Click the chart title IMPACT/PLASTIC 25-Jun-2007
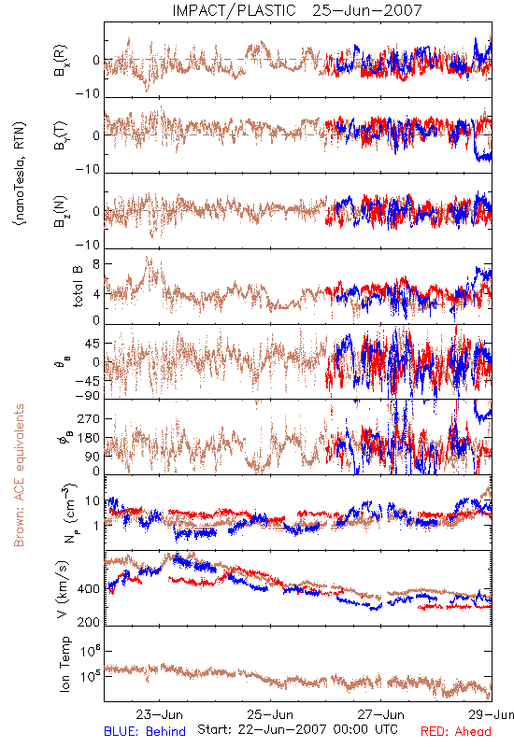click(x=297, y=10)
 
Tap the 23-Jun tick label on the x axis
click(x=159, y=714)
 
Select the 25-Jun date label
click(x=270, y=714)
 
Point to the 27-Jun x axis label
click(x=381, y=714)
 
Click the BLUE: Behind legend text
click(x=145, y=731)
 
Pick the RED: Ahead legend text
click(x=456, y=731)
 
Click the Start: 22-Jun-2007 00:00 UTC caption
click(x=297, y=729)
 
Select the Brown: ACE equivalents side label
click(x=19, y=475)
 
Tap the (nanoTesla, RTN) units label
click(x=20, y=174)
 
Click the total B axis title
click(x=78, y=287)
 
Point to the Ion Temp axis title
click(x=64, y=664)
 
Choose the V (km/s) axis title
click(x=63, y=589)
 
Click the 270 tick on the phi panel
click(x=89, y=418)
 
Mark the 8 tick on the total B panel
click(x=96, y=264)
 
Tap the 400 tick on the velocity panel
click(x=89, y=589)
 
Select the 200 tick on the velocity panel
click(x=89, y=622)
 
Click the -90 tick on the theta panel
click(x=88, y=396)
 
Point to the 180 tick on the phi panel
click(x=89, y=438)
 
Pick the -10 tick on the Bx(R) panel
click(x=88, y=93)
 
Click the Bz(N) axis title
click(x=61, y=211)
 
